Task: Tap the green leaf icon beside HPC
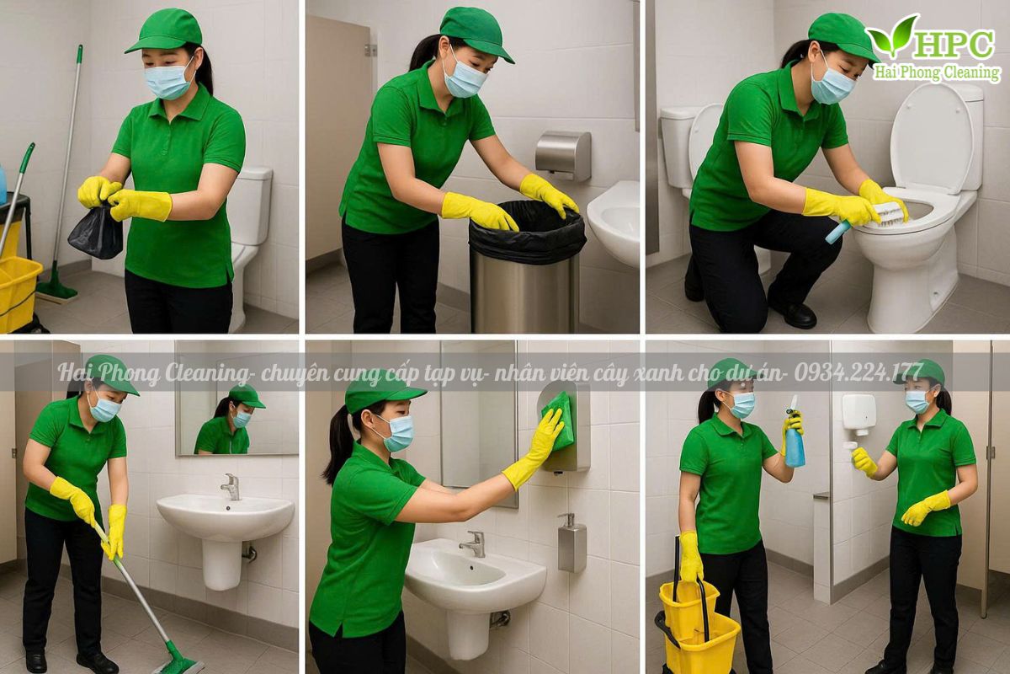(x=891, y=37)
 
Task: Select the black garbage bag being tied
(x=96, y=231)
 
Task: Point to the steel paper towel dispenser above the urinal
(x=563, y=155)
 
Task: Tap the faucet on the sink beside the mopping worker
(x=231, y=487)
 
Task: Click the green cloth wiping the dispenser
(x=559, y=421)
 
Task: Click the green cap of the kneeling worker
(x=842, y=36)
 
